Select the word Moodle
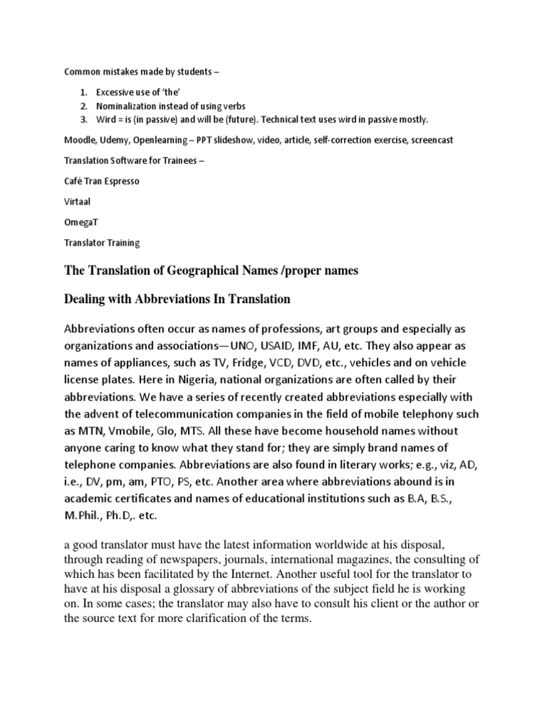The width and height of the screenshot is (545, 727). (x=80, y=140)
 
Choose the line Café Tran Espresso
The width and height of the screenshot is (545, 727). (x=102, y=181)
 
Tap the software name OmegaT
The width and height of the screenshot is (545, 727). (x=81, y=222)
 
